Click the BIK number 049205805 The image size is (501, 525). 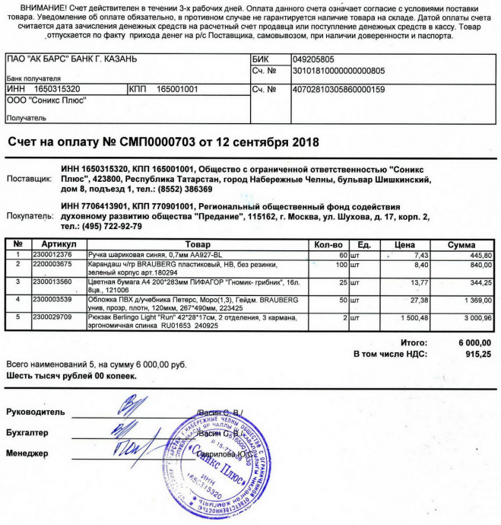point(313,59)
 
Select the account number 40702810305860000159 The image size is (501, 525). point(338,89)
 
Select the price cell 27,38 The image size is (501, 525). point(420,301)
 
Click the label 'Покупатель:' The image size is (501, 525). point(30,216)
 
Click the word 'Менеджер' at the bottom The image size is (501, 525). point(27,453)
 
